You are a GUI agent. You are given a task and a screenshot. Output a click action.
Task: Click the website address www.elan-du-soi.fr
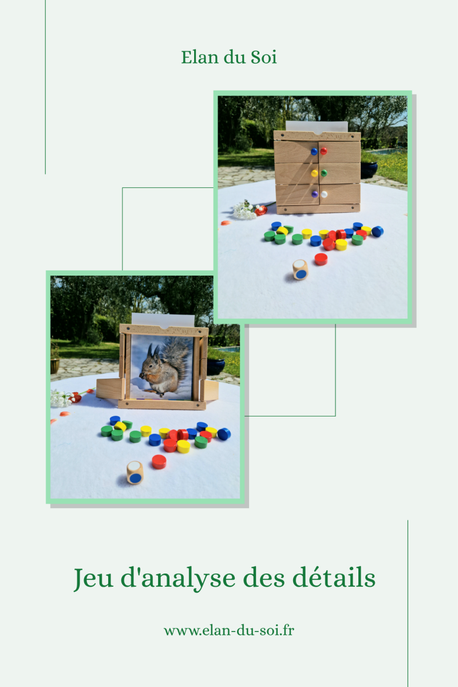coord(229,631)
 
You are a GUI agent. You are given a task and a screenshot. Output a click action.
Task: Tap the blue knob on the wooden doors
coord(314,152)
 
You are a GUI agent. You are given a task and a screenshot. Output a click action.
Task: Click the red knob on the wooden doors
coord(323,151)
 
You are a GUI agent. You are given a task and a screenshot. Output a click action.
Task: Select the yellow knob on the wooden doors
coord(314,173)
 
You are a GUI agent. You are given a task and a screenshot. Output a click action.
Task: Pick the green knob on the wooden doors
coord(323,173)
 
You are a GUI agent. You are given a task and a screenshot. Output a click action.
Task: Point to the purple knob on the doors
coord(314,194)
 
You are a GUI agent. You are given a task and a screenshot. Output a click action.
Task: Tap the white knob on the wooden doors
coord(324,194)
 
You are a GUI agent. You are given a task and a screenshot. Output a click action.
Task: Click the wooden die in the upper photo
coord(301,269)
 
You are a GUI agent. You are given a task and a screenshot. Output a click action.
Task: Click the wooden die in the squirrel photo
coord(135,472)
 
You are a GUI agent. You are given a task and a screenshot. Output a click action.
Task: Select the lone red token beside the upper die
coord(321,259)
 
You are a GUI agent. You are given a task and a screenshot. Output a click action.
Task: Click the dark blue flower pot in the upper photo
coord(369,170)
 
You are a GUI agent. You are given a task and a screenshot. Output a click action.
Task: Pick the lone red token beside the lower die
coord(159,461)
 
